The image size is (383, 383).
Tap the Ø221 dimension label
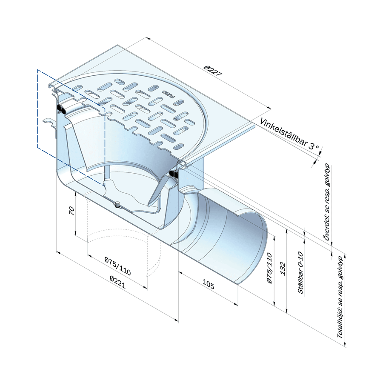click(118, 282)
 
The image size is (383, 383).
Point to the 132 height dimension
click(283, 269)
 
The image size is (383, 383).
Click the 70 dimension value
click(71, 211)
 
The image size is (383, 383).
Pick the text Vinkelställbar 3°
click(289, 134)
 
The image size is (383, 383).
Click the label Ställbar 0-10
click(300, 272)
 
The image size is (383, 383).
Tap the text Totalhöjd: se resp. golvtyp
click(340, 297)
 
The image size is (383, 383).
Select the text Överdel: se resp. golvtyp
click(327, 202)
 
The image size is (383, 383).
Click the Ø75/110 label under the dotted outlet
click(118, 266)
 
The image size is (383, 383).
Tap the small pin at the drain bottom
click(118, 204)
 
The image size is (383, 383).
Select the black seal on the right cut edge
click(174, 174)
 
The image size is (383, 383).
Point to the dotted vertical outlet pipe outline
click(123, 234)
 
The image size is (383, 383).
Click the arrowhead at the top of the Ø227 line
click(147, 38)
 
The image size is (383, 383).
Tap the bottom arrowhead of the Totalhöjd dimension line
click(345, 345)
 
